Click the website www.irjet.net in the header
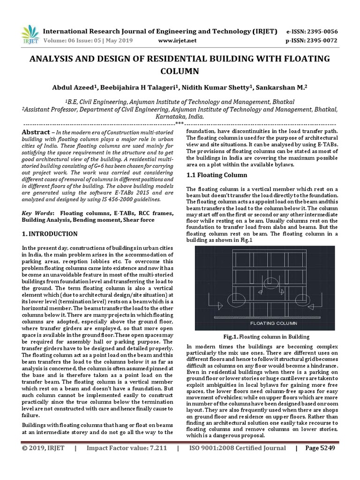point(177,41)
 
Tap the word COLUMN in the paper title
point(180,71)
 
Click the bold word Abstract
point(36,133)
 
